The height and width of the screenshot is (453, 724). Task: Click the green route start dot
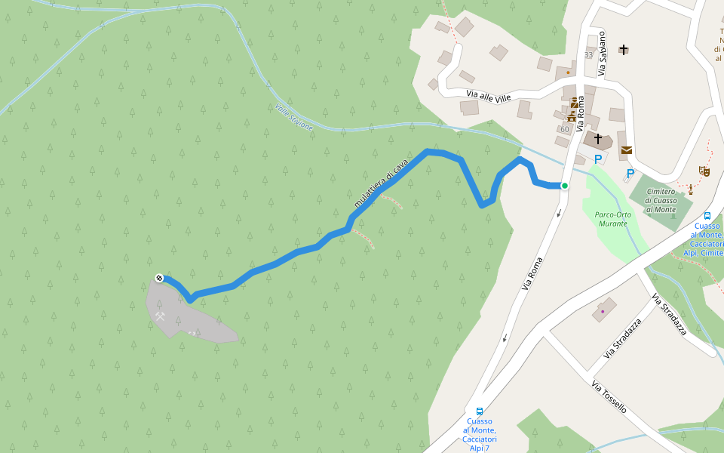[564, 186]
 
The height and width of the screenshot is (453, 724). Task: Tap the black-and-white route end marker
[159, 278]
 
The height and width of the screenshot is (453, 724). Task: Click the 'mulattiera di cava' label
[381, 183]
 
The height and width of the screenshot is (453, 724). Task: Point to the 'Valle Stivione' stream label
[294, 117]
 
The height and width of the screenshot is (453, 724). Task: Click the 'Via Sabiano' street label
[602, 53]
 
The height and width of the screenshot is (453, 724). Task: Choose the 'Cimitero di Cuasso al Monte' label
[661, 200]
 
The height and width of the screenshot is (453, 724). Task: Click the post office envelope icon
[627, 150]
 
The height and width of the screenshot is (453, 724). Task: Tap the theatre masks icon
[705, 171]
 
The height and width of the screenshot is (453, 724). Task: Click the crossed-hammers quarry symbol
[161, 316]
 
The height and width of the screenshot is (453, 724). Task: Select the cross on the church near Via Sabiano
[624, 50]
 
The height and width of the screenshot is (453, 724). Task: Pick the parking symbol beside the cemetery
[630, 174]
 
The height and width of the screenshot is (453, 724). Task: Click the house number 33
[588, 55]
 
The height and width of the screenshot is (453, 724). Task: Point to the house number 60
[564, 129]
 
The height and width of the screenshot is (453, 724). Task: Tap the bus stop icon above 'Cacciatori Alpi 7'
[479, 411]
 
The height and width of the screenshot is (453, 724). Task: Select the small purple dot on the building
[603, 311]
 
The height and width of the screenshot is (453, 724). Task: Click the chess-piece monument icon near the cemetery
[689, 189]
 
